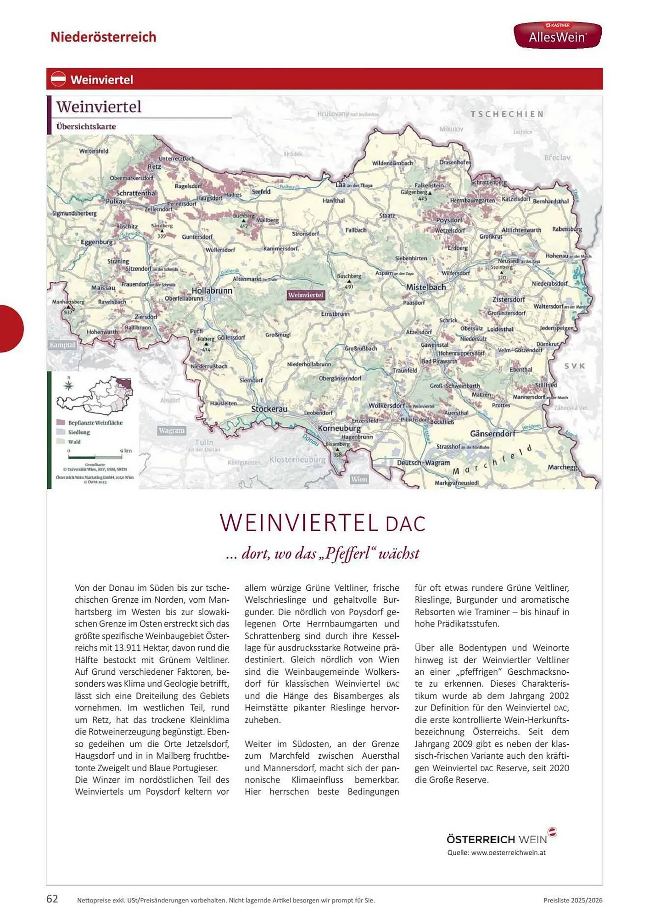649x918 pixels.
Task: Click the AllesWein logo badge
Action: (557, 35)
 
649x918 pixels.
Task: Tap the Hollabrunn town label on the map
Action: (212, 291)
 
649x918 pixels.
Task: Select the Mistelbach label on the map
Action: (425, 287)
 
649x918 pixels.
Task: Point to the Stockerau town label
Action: (269, 409)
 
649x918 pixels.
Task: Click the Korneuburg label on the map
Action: (339, 428)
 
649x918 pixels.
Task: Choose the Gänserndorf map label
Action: (492, 433)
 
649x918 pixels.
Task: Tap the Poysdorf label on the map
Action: (449, 220)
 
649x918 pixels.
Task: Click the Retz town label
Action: (154, 167)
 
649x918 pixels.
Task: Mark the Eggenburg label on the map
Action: (96, 242)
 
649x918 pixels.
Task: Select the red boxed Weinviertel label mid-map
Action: (306, 295)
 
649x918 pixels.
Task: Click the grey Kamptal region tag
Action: (62, 345)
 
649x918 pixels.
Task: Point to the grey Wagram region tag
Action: (171, 431)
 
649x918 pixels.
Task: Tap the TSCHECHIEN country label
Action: (507, 114)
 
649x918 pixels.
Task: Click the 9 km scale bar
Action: (95, 457)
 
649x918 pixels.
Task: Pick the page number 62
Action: (52, 899)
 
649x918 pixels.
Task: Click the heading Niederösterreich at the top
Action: (103, 37)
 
